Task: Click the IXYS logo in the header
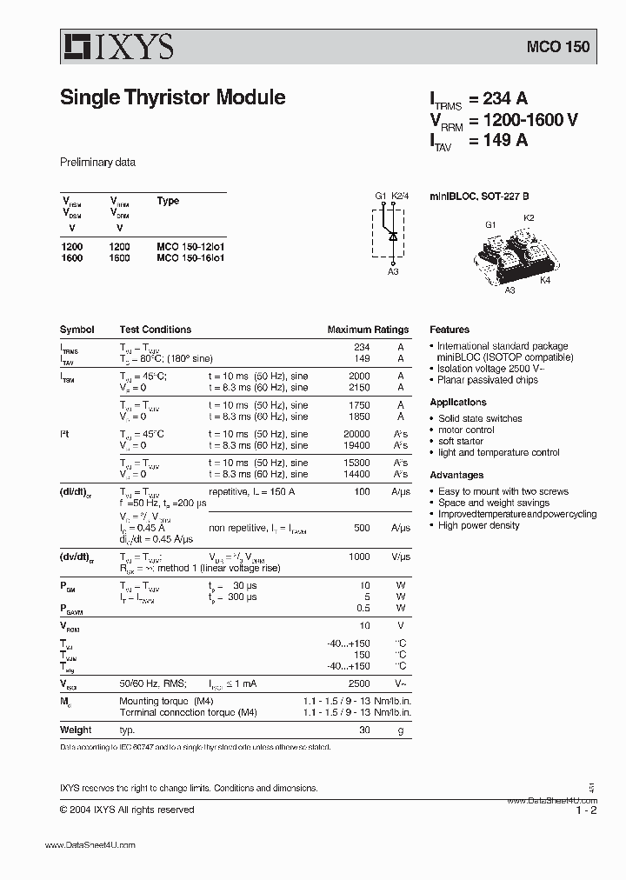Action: tap(117, 47)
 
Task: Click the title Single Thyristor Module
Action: tap(172, 97)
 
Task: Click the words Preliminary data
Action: tap(97, 163)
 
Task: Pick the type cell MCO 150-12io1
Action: tap(196, 247)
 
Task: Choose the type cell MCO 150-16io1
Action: tap(196, 258)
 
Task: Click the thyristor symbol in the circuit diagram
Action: tap(393, 235)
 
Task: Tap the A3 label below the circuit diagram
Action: tap(393, 272)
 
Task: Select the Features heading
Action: tap(450, 330)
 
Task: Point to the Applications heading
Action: tap(458, 403)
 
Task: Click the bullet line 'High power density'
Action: tap(479, 526)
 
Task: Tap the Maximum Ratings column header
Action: tap(368, 330)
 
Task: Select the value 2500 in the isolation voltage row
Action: tap(358, 684)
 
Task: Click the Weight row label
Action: tap(76, 730)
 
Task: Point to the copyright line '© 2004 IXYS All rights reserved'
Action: tap(127, 810)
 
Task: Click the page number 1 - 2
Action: tap(585, 810)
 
